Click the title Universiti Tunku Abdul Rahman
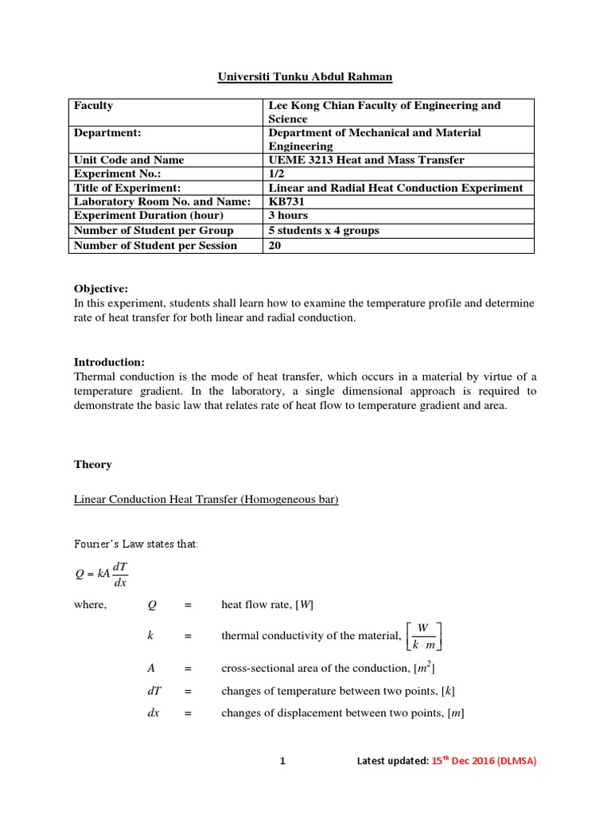pyautogui.click(x=305, y=77)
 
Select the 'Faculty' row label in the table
pyautogui.click(x=94, y=105)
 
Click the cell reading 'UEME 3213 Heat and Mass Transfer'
pyautogui.click(x=367, y=160)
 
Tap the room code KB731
pyautogui.click(x=289, y=201)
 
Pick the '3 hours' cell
pyautogui.click(x=289, y=216)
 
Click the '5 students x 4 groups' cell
pyautogui.click(x=324, y=230)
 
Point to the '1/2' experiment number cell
pyautogui.click(x=277, y=174)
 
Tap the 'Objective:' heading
pyautogui.click(x=101, y=288)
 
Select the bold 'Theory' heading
pyautogui.click(x=93, y=464)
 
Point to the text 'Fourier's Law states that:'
pyautogui.click(x=135, y=544)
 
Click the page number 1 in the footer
pyautogui.click(x=282, y=761)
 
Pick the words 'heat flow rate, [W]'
pyautogui.click(x=267, y=605)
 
